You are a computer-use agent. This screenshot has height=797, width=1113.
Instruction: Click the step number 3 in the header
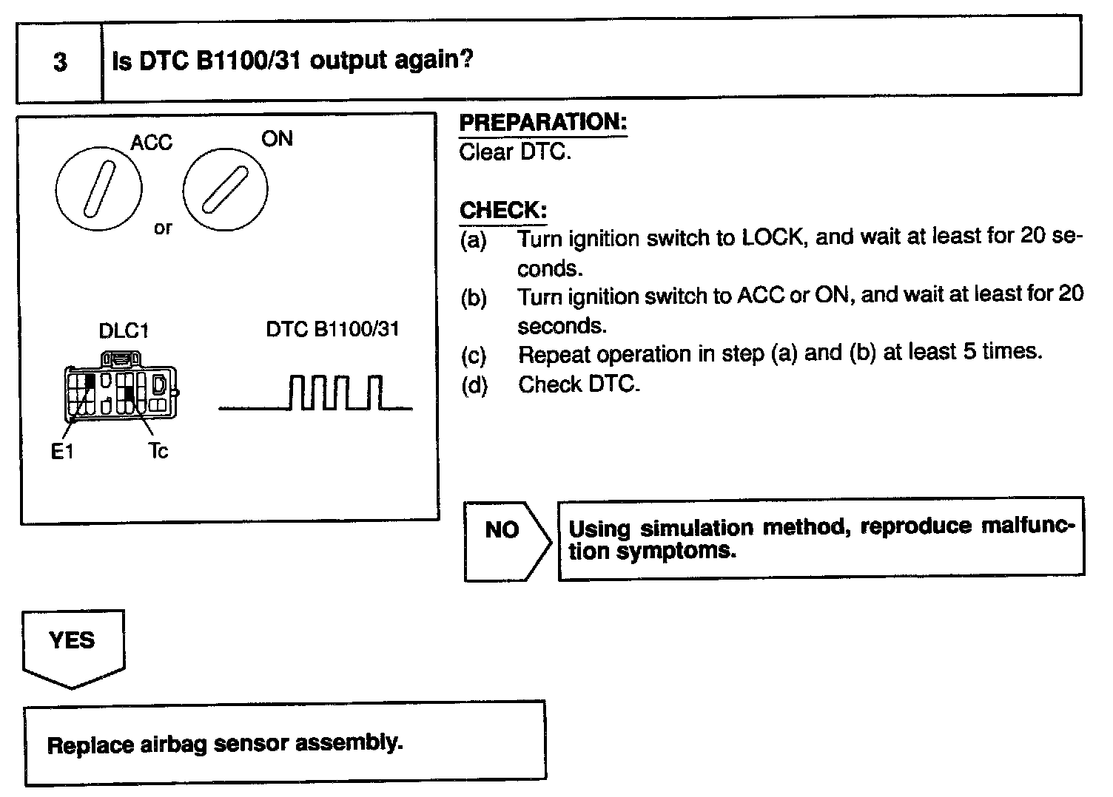point(60,62)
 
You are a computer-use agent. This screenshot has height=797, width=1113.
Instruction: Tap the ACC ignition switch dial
point(98,189)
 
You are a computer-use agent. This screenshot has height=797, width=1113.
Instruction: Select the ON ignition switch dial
point(225,189)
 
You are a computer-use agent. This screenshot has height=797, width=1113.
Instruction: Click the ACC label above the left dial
point(151,142)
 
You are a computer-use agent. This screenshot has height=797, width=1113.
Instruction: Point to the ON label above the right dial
point(277,138)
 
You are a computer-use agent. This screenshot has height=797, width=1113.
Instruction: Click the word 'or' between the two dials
point(162,228)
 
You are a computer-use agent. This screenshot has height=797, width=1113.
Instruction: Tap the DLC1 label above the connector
point(124,330)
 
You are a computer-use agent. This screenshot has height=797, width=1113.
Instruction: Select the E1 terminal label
point(63,451)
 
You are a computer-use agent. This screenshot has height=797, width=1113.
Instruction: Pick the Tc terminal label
point(158,450)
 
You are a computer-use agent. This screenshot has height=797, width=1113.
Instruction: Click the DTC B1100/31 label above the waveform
point(332,329)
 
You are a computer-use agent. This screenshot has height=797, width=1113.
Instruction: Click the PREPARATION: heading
point(542,123)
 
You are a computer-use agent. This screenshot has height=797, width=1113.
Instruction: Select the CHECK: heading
point(503,211)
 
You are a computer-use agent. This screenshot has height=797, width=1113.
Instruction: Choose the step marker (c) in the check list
point(473,356)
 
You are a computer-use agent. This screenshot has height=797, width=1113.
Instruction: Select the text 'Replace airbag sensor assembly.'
point(225,744)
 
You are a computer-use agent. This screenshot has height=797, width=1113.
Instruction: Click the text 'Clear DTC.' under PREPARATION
point(515,152)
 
